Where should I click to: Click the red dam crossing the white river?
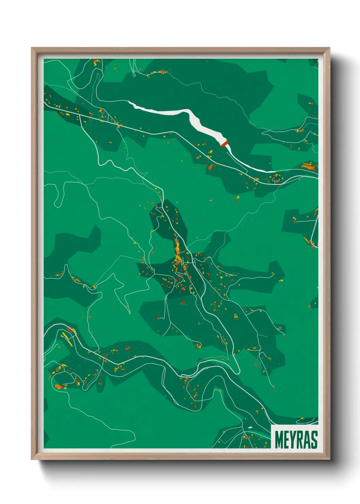[x=224, y=144]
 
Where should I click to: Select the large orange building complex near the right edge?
[x=309, y=167]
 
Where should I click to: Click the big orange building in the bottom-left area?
[x=58, y=386]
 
